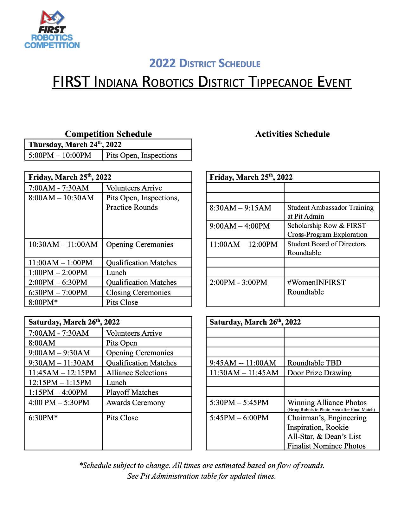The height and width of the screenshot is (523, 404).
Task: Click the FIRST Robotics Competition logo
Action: [x=52, y=29]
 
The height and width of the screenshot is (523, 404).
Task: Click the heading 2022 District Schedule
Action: [x=205, y=63]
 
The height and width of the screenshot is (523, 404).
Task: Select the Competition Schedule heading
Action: [x=108, y=134]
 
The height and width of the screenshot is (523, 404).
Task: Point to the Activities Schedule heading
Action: [x=292, y=134]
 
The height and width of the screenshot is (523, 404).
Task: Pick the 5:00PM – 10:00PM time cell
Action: [x=60, y=155]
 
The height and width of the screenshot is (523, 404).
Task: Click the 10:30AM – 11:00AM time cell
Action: [x=63, y=244]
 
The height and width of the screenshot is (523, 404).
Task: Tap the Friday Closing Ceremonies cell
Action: [x=138, y=292]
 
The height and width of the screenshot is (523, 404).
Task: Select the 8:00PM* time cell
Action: [x=43, y=302]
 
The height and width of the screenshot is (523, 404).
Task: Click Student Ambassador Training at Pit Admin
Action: [x=330, y=212]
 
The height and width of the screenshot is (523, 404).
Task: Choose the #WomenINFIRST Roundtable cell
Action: [x=316, y=287]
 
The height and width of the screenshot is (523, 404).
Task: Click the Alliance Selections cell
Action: [x=137, y=372]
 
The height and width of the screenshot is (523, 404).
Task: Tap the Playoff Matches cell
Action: [x=132, y=392]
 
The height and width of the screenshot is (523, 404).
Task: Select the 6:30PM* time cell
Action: [x=43, y=418]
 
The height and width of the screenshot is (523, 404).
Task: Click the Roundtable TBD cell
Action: [x=314, y=363]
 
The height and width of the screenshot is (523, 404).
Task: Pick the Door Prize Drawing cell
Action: [x=319, y=372]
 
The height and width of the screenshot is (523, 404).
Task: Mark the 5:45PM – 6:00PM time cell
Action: [x=239, y=418]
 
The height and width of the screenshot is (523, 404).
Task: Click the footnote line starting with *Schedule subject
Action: [x=202, y=465]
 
